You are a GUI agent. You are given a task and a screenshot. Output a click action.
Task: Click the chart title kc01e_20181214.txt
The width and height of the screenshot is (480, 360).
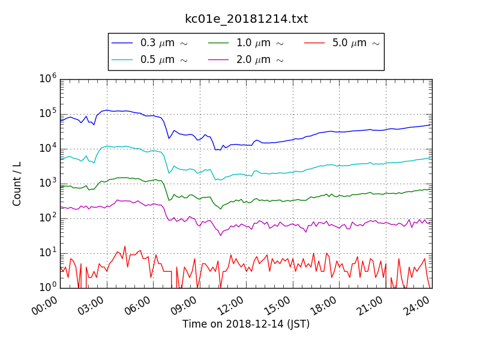click(x=246, y=19)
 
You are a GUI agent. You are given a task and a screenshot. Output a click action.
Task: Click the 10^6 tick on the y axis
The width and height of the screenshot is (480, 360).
click(x=48, y=79)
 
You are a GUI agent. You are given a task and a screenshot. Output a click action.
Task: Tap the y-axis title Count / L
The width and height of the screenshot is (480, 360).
click(x=17, y=184)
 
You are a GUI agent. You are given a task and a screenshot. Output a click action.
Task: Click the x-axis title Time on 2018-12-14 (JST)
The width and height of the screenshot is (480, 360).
click(x=246, y=325)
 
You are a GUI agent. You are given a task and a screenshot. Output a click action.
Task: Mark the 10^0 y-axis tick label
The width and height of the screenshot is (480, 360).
click(x=48, y=287)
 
